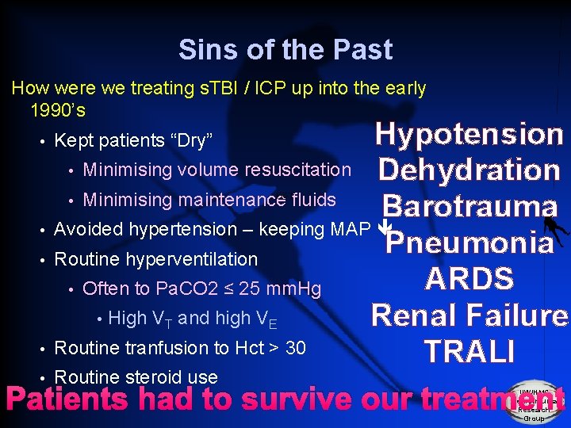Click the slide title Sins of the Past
(x=285, y=50)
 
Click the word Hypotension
(x=469, y=134)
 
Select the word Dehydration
(x=469, y=170)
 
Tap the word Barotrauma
(x=469, y=205)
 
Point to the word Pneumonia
(x=469, y=242)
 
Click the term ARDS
(x=469, y=278)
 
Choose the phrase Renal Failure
(x=469, y=315)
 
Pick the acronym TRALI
(x=469, y=350)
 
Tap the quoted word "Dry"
(x=190, y=141)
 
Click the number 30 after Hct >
(x=295, y=348)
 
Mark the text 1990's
(x=57, y=109)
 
